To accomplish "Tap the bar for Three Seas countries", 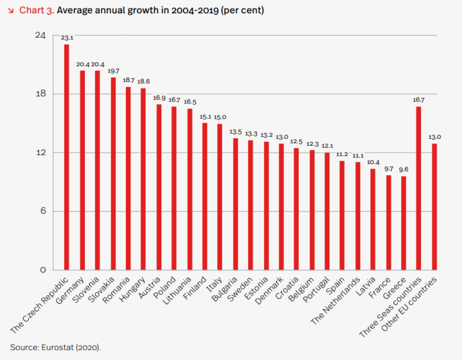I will [x=419, y=188].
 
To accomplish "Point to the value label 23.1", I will [x=66, y=38].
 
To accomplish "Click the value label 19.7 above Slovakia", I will [x=113, y=71].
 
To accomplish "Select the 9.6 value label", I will [x=403, y=170].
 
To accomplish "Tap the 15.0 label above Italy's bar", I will [x=219, y=117].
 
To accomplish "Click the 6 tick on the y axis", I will [x=43, y=211].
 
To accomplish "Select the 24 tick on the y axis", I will [x=40, y=36].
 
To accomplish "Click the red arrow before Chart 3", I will [x=11, y=11].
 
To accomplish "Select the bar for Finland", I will [x=204, y=196].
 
